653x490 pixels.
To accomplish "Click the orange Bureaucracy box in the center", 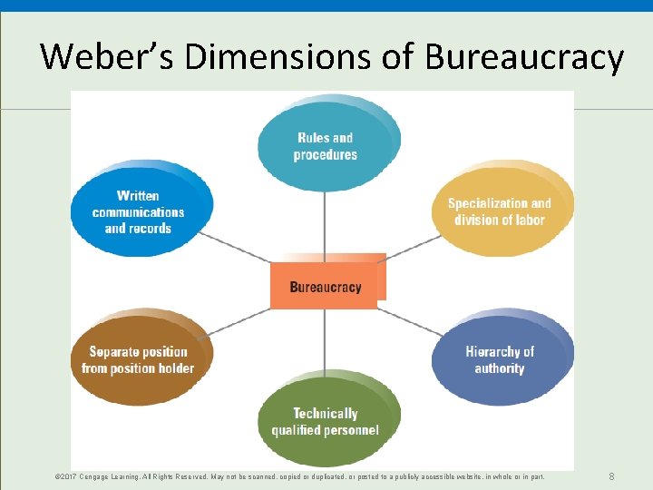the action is pos(325,287).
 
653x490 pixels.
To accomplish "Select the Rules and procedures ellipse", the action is pos(326,146).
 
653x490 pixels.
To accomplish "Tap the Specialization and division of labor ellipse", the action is pos(500,211).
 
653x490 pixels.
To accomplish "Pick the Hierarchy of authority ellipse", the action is pos(500,360).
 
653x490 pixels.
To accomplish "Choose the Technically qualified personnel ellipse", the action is pos(326,421).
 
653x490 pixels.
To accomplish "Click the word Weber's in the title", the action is pos(108,57).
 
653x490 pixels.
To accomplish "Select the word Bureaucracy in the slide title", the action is pos(525,57).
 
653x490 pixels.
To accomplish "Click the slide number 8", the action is pos(612,476).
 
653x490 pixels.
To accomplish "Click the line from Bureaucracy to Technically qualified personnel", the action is pos(325,340).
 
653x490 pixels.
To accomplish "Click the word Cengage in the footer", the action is pos(101,476).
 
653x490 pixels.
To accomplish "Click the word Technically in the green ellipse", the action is pos(326,414).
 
